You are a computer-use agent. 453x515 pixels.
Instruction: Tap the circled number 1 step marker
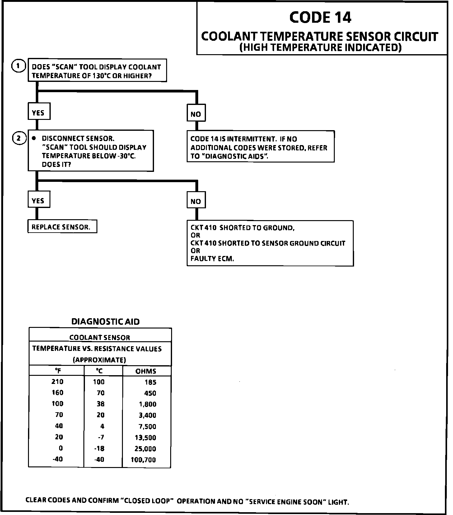[18, 66]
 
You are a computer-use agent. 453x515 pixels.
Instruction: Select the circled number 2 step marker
[19, 138]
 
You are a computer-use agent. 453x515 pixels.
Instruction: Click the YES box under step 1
[38, 112]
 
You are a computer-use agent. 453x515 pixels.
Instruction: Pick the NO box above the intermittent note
[196, 114]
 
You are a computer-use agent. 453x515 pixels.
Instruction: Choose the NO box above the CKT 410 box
[196, 201]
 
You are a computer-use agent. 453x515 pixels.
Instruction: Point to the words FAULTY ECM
[212, 258]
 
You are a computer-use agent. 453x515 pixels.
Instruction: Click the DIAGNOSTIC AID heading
[105, 322]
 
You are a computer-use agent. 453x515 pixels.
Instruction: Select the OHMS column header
[146, 371]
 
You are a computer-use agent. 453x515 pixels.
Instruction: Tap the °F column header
[58, 371]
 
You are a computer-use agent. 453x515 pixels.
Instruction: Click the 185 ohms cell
[151, 382]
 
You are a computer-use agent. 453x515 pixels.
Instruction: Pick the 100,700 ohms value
[143, 460]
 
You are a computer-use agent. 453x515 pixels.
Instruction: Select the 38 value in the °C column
[100, 404]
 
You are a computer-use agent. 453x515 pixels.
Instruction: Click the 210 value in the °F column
[58, 382]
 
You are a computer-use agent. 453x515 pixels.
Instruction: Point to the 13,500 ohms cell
[145, 437]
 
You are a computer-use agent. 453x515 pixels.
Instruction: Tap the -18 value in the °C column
[100, 448]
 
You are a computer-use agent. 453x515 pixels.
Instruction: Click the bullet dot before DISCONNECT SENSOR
[34, 138]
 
